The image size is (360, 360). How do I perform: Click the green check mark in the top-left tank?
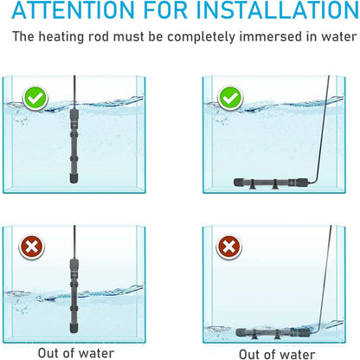(x=35, y=99)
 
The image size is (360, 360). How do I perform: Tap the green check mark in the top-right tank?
(x=229, y=99)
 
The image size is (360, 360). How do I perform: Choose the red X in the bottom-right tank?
(x=229, y=247)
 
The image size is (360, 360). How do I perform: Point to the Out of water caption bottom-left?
(x=75, y=352)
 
